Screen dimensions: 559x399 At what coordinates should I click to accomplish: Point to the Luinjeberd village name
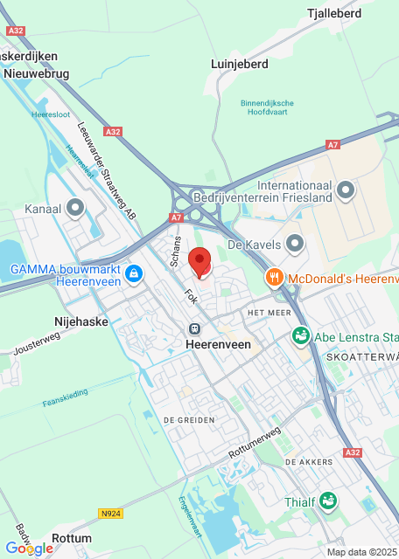[x=239, y=64]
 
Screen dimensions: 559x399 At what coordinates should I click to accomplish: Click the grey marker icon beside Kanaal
[x=75, y=208]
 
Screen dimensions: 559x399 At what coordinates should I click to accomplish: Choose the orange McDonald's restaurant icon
[x=274, y=278]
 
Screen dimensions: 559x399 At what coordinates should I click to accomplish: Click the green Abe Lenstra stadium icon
[x=300, y=335]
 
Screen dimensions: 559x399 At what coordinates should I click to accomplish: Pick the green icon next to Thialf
[x=327, y=501]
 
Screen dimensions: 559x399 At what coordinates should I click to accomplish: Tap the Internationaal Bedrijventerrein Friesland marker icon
[x=346, y=189]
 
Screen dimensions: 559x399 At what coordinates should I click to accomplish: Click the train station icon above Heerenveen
[x=194, y=328]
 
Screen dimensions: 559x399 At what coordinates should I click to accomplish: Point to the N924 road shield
[x=109, y=514]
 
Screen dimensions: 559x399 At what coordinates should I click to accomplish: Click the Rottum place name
[x=71, y=538]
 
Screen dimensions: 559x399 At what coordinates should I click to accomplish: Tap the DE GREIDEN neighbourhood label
[x=188, y=420]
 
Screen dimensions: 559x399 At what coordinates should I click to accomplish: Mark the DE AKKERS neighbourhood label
[x=309, y=461]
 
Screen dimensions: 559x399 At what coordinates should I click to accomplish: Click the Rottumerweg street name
[x=254, y=444]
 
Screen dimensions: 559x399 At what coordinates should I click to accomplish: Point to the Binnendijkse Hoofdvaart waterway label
[x=267, y=107]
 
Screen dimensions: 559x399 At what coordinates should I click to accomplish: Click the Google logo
[x=29, y=548]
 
